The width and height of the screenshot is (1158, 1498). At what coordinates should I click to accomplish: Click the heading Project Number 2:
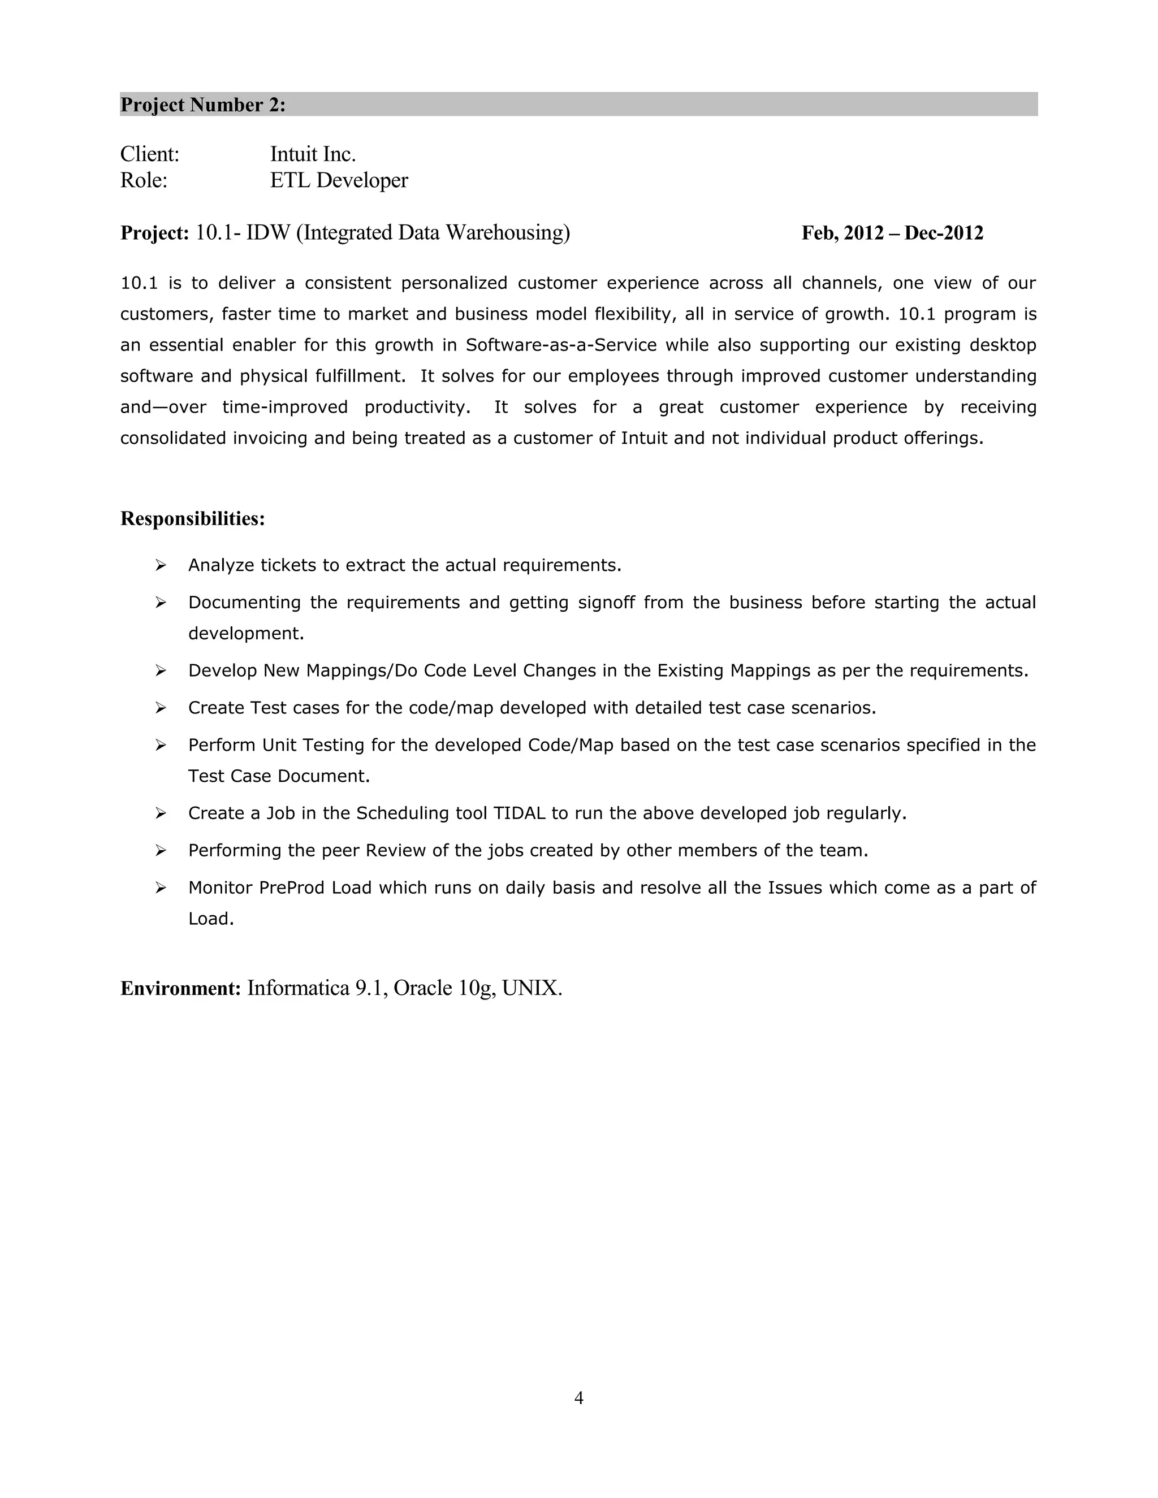point(203,105)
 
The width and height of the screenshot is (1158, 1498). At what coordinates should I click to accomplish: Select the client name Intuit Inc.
point(313,154)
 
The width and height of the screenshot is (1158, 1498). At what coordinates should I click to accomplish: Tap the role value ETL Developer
point(339,180)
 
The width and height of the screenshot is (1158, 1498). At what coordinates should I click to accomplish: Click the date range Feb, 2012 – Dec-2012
point(892,233)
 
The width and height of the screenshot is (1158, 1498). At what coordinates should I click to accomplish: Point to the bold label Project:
point(154,233)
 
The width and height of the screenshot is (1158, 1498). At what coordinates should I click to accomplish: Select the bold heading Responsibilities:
point(193,518)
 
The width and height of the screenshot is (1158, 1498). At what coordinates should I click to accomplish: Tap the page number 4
point(578,1398)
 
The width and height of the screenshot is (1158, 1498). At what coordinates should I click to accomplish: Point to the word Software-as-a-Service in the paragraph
point(561,345)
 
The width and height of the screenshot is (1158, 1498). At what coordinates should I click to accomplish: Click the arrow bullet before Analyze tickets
point(161,565)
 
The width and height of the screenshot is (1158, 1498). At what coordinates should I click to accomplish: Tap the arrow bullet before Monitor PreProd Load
point(161,888)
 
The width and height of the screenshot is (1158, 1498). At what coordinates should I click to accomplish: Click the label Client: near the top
point(149,154)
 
